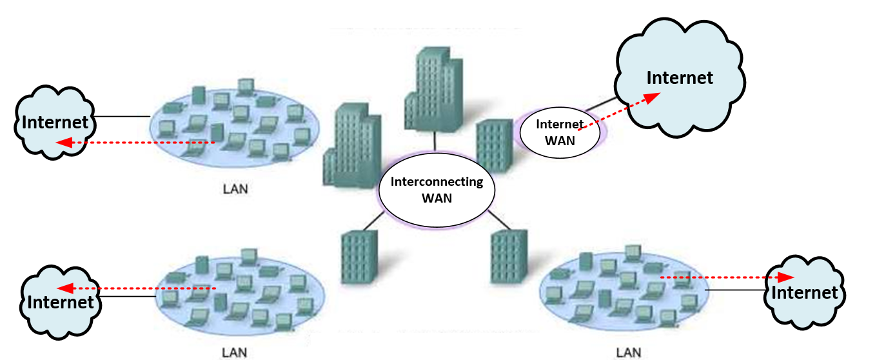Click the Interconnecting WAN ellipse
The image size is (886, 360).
pyautogui.click(x=437, y=190)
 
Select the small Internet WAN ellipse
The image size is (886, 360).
pyautogui.click(x=560, y=133)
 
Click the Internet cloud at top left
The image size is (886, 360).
pyautogui.click(x=55, y=123)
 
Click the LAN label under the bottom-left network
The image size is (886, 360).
pyautogui.click(x=234, y=352)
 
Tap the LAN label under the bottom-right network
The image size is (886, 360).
pyautogui.click(x=628, y=352)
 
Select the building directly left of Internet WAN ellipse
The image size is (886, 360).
pyautogui.click(x=494, y=145)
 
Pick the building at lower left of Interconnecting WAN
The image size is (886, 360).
pyautogui.click(x=359, y=257)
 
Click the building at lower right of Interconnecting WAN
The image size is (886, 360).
pyautogui.click(x=509, y=256)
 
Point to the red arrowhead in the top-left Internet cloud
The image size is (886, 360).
pyautogui.click(x=63, y=142)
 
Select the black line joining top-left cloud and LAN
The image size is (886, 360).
pyautogui.click(x=123, y=117)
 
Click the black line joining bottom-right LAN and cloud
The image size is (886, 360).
pyautogui.click(x=735, y=291)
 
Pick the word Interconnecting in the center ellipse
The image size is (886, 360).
pyautogui.click(x=437, y=181)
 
